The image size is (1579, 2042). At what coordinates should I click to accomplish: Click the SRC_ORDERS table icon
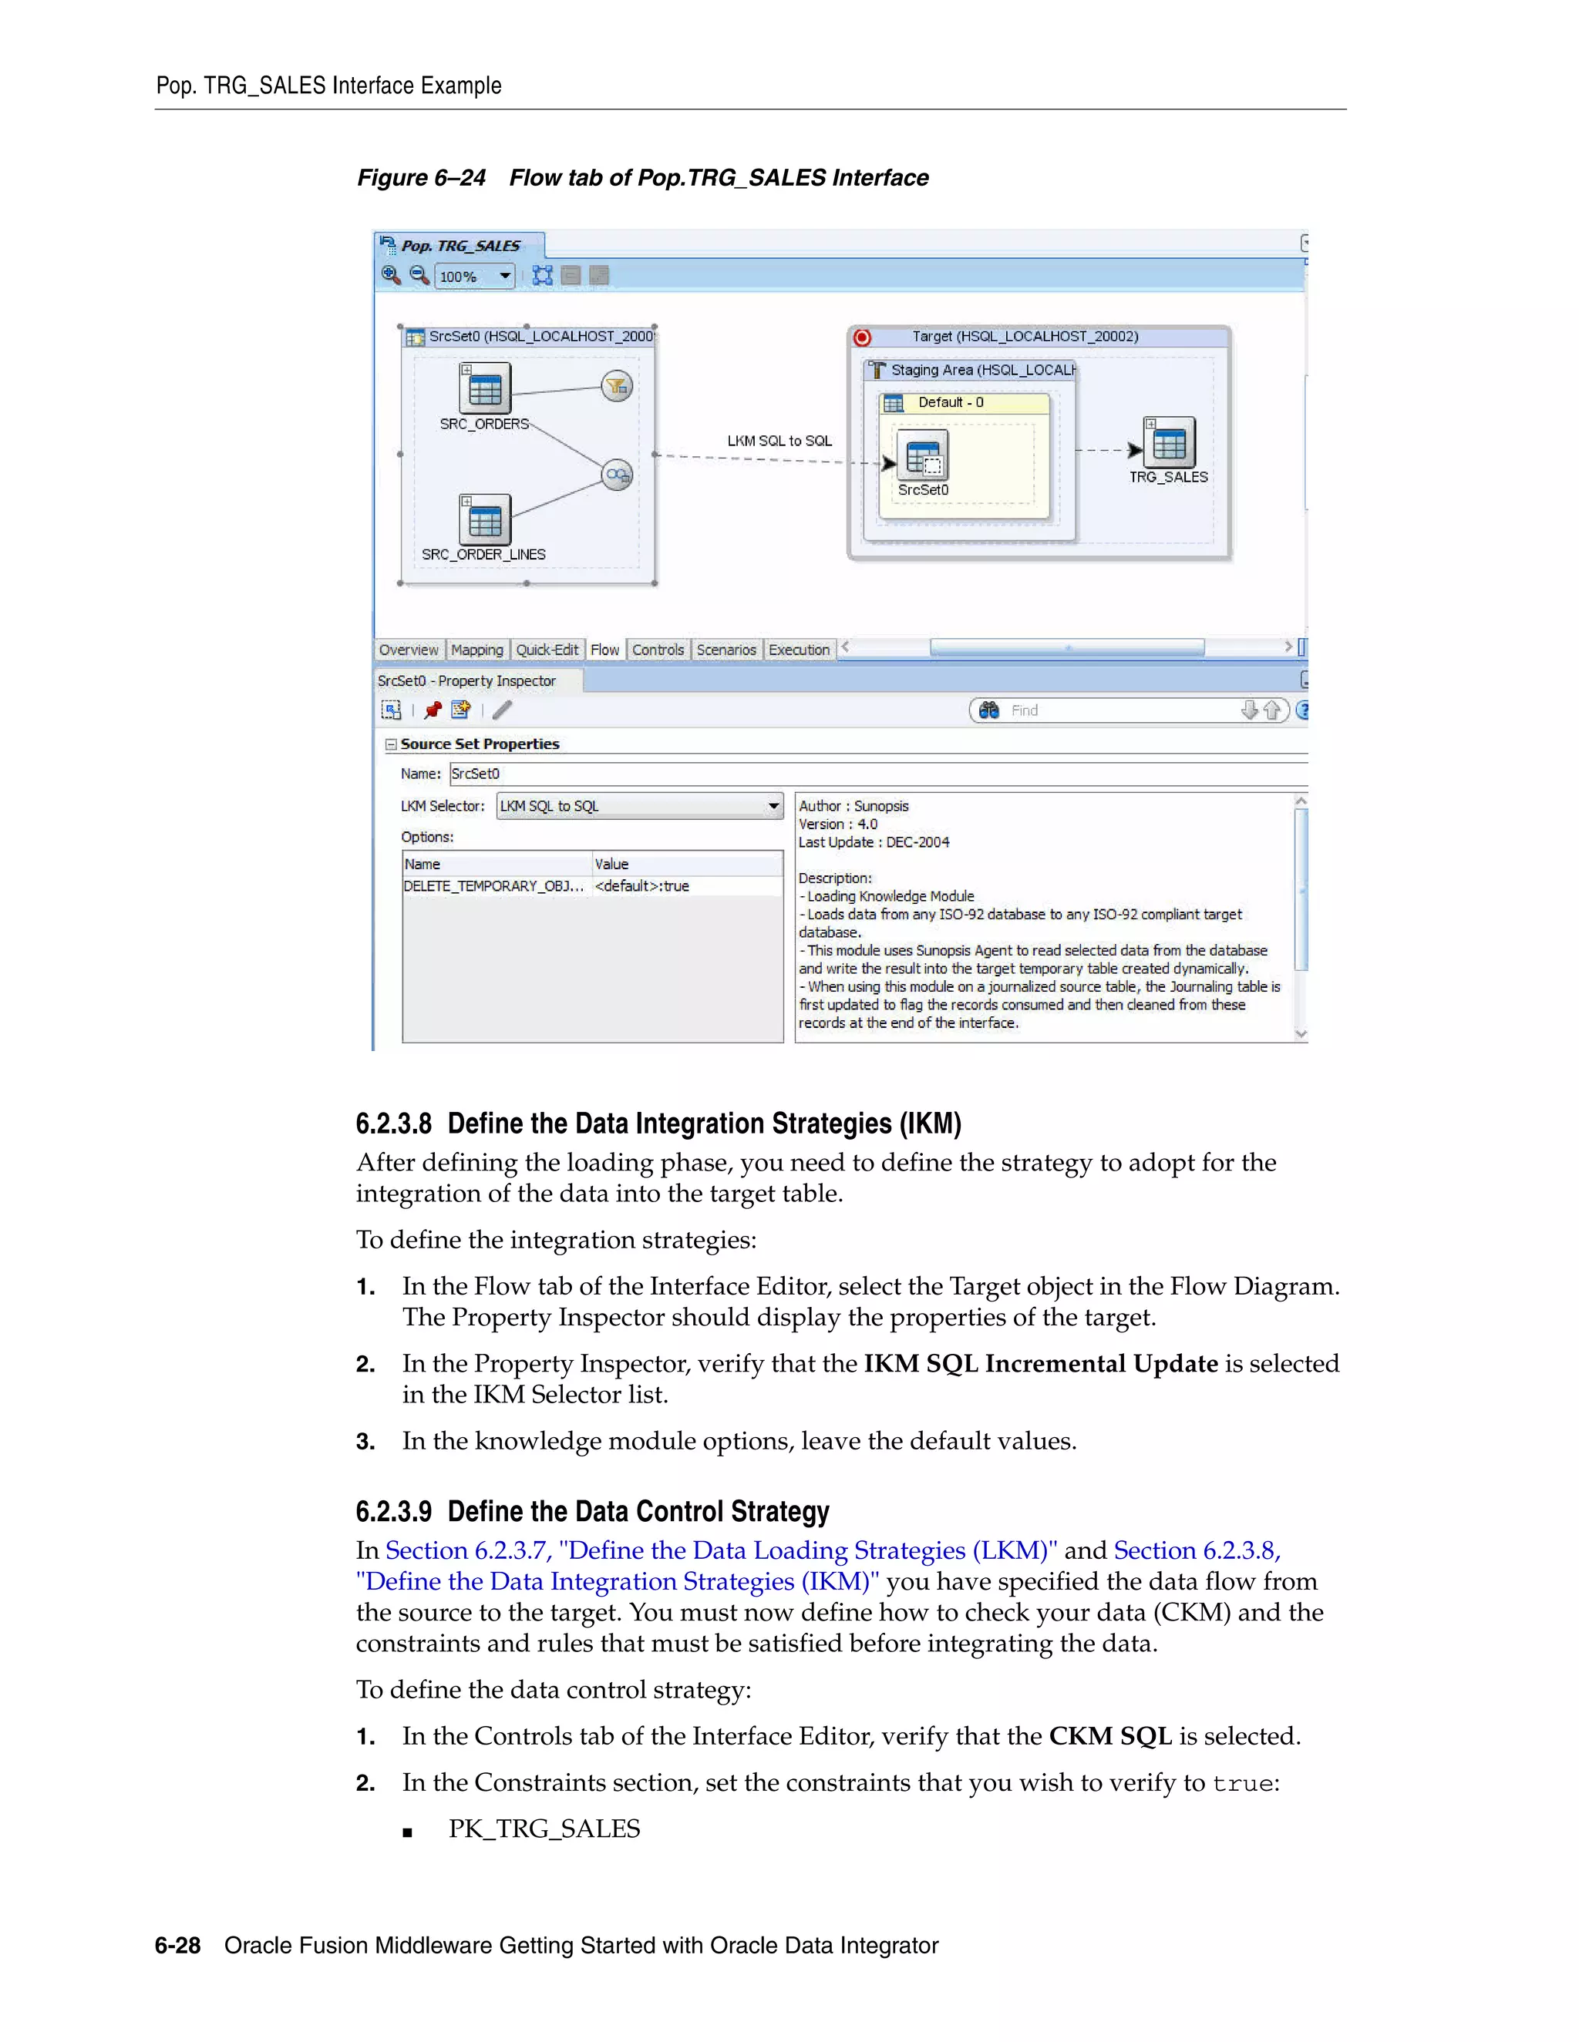(x=484, y=388)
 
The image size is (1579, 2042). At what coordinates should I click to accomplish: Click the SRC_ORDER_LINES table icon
(x=484, y=520)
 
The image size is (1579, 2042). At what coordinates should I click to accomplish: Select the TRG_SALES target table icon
(x=1170, y=443)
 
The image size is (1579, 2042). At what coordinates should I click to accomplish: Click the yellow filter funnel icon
(x=617, y=385)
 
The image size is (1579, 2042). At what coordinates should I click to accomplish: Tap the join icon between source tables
(x=617, y=475)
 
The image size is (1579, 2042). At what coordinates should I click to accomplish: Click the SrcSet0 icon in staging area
(x=922, y=455)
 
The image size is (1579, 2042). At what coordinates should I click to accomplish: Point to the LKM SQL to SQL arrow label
(x=779, y=440)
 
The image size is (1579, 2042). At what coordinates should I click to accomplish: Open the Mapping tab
(x=477, y=650)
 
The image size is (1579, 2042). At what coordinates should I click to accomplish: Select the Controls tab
(x=658, y=650)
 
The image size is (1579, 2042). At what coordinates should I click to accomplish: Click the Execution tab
(x=799, y=650)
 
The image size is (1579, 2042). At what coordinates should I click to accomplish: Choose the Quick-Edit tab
(x=547, y=650)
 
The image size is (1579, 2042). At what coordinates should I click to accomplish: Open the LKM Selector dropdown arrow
(x=773, y=806)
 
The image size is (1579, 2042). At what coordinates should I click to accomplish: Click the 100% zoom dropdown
(x=504, y=276)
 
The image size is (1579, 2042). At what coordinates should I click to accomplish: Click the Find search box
(x=1123, y=710)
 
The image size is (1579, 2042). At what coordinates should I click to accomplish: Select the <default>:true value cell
(x=687, y=886)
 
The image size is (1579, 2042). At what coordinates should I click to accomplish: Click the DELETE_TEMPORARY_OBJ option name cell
(x=494, y=886)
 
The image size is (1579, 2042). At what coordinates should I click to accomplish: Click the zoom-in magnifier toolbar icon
(x=391, y=275)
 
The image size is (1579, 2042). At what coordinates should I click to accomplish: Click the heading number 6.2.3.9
(x=394, y=1512)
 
